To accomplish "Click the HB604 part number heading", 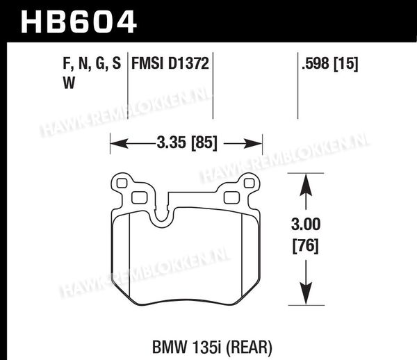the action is click(79, 22).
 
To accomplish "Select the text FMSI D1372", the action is click(170, 63).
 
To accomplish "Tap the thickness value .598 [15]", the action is click(329, 64).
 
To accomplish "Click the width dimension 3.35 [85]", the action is click(187, 142).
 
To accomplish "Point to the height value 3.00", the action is click(306, 224).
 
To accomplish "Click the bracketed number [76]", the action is click(306, 246).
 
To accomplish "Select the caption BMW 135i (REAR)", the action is click(212, 347).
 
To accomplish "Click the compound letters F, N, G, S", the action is click(92, 64).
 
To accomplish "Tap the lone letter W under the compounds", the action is click(69, 83).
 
